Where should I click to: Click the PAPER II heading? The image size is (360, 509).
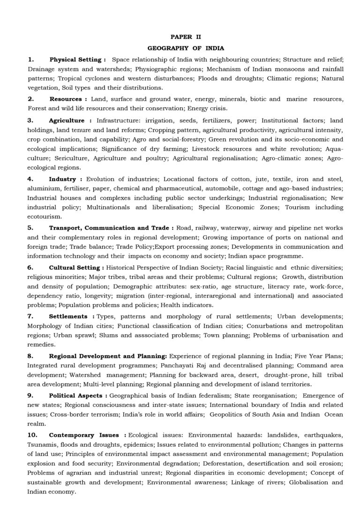tap(186, 37)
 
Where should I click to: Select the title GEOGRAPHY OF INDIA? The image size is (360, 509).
tap(186, 48)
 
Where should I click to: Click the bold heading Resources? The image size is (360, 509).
tap(68, 99)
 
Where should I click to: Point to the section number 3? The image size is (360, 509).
tap(30, 120)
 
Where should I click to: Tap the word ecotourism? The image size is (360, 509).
tap(45, 217)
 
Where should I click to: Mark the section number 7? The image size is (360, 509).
tap(30, 316)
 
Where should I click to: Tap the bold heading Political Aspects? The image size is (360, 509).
tap(78, 396)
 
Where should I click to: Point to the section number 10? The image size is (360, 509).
tap(32, 435)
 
